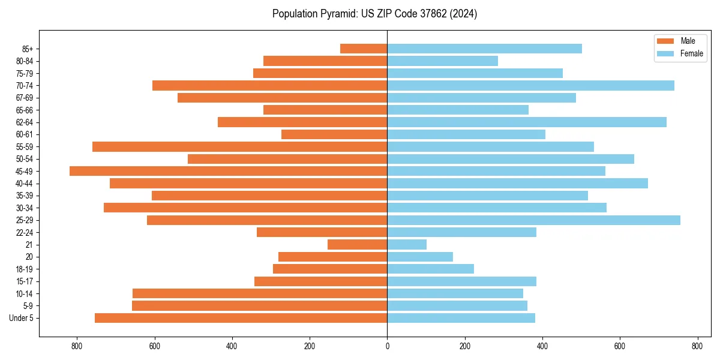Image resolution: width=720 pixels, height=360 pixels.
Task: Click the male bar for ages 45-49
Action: [x=229, y=171]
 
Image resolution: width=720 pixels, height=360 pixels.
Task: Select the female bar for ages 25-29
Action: [x=533, y=220]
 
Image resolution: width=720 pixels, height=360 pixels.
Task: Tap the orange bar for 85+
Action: [x=364, y=49]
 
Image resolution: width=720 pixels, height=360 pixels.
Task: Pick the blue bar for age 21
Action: [x=407, y=245]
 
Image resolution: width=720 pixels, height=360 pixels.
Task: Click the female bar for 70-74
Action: [x=530, y=86]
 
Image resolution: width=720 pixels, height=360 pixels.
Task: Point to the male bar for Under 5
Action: [x=241, y=318]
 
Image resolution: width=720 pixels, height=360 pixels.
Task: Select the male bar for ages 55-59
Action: [x=239, y=147]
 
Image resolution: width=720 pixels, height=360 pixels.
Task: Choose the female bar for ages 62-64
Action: [x=527, y=122]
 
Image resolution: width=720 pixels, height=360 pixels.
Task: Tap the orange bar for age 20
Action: [x=332, y=257]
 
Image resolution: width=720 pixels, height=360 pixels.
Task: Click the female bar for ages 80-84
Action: [x=442, y=61]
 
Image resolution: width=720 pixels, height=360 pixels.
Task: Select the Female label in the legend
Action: [x=691, y=53]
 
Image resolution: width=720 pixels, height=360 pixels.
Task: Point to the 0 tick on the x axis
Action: [x=387, y=346]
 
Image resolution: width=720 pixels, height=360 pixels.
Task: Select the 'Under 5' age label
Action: [x=21, y=318]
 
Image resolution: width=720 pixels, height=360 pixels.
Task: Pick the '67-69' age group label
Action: [x=25, y=98]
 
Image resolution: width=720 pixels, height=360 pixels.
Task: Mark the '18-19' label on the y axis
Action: [x=25, y=269]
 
